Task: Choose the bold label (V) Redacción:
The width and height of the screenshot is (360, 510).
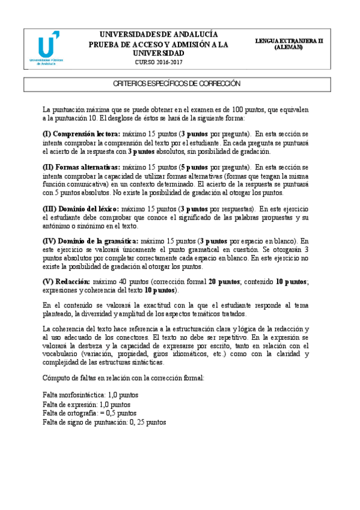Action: click(x=66, y=282)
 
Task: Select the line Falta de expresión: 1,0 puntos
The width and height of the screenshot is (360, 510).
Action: click(x=87, y=405)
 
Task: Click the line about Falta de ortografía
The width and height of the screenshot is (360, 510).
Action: click(x=90, y=414)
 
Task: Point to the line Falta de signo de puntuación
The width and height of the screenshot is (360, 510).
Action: click(x=104, y=423)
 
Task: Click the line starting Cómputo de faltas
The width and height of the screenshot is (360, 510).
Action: click(x=123, y=378)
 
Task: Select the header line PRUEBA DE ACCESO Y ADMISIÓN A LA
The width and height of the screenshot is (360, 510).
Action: click(x=159, y=44)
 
